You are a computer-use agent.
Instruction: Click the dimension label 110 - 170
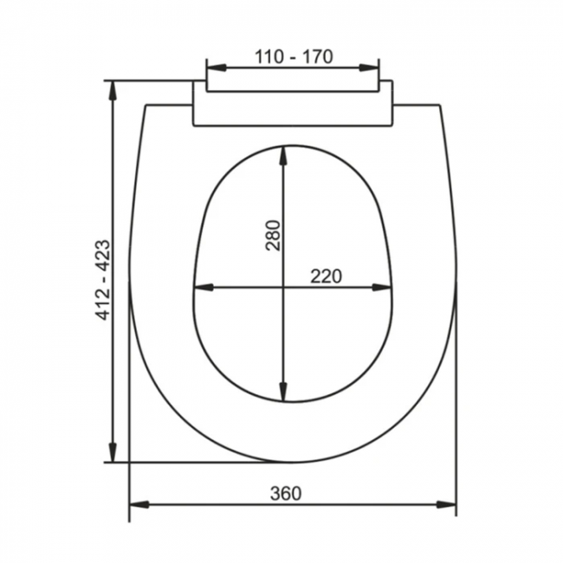[x=294, y=56]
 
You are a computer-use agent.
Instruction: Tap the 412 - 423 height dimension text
[x=103, y=280]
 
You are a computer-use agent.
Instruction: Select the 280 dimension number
[x=273, y=236]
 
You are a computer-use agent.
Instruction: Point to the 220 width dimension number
[x=326, y=276]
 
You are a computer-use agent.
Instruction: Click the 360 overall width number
[x=286, y=494]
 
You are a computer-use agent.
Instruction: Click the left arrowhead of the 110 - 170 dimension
[x=217, y=68]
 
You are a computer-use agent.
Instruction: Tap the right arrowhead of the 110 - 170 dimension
[x=369, y=68]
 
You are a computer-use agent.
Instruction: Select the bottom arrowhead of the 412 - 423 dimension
[x=113, y=452]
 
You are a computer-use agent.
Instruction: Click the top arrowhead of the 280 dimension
[x=283, y=156]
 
